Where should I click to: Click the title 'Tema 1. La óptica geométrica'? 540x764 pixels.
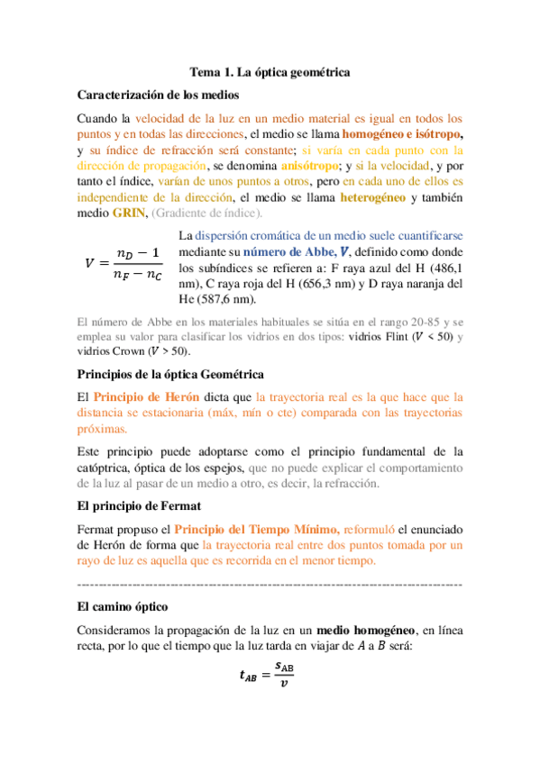click(270, 71)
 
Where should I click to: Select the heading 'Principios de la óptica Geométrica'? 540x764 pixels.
click(171, 373)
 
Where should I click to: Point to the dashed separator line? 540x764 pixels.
click(270, 585)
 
